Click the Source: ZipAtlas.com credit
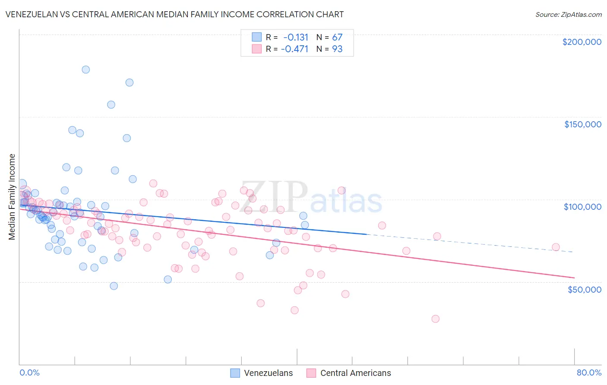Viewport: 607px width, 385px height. (x=568, y=14)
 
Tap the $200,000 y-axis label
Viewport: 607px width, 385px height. (x=582, y=42)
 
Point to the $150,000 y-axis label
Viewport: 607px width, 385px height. (x=582, y=124)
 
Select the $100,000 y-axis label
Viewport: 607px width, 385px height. (x=582, y=207)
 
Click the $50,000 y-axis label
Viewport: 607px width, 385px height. (x=584, y=289)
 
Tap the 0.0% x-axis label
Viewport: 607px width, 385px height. (x=29, y=372)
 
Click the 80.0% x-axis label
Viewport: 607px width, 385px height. (x=589, y=372)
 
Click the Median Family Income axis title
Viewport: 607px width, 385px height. (x=12, y=197)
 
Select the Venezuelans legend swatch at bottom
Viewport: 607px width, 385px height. (x=235, y=373)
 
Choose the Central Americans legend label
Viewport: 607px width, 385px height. (x=355, y=373)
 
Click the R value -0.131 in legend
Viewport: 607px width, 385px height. (x=296, y=37)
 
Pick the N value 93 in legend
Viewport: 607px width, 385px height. (x=337, y=49)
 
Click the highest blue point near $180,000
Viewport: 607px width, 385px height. (x=85, y=69)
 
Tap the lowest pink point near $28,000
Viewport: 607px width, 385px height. (x=435, y=319)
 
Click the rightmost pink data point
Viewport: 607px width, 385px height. (x=556, y=247)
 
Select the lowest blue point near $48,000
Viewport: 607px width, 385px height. (x=114, y=286)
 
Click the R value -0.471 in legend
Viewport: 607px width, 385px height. (x=294, y=49)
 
